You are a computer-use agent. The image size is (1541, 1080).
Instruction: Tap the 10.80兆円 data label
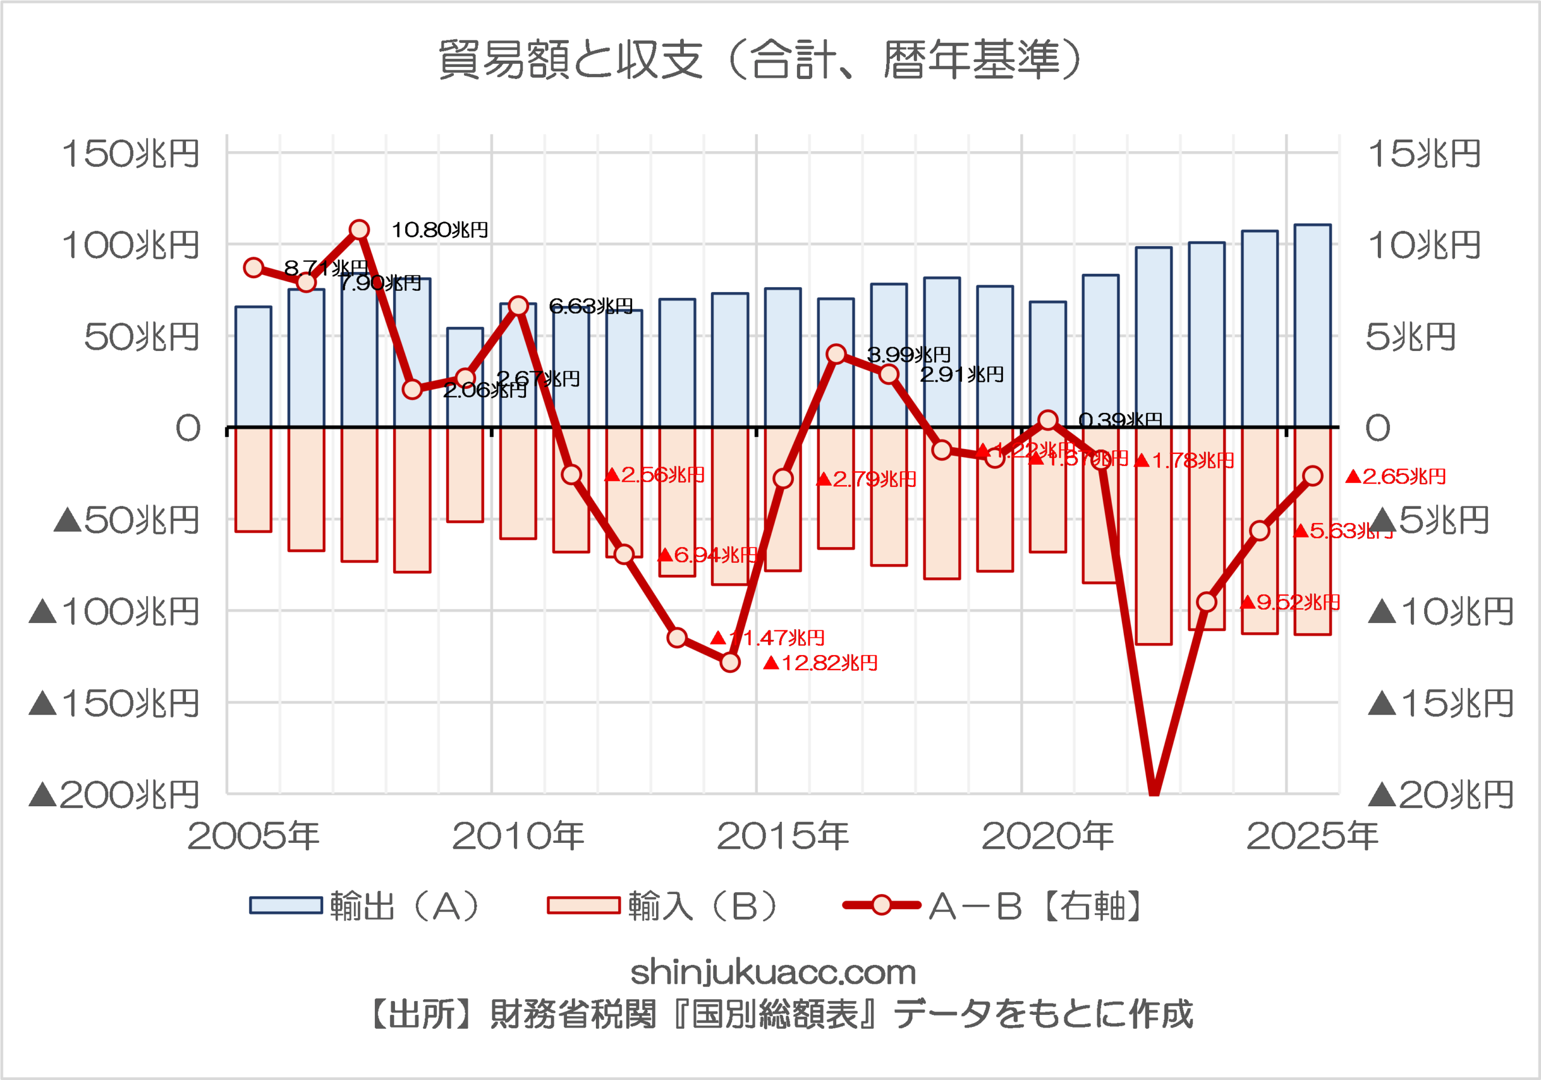coord(439,230)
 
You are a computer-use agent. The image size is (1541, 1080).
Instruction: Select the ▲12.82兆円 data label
coord(820,663)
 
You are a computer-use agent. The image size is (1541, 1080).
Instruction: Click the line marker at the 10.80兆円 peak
coord(360,229)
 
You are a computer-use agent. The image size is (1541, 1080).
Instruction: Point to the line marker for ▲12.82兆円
coord(730,662)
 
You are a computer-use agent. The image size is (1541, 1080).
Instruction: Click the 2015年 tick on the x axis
coord(783,836)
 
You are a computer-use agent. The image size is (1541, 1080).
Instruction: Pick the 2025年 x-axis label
coord(1312,836)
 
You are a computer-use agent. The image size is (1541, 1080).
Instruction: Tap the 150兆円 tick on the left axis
coord(131,154)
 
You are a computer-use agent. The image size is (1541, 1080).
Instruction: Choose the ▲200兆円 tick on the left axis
coord(114,795)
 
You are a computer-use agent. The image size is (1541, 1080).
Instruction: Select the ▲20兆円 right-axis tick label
coord(1440,795)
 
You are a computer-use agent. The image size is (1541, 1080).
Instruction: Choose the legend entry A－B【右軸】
coord(993,906)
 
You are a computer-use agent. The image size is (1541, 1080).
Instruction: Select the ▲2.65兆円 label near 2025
coord(1396,477)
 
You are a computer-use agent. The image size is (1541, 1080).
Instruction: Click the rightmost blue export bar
coord(1312,326)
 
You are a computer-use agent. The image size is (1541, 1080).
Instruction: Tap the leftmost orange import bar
coord(253,480)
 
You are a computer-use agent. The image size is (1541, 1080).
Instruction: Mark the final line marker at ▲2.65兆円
coord(1313,476)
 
